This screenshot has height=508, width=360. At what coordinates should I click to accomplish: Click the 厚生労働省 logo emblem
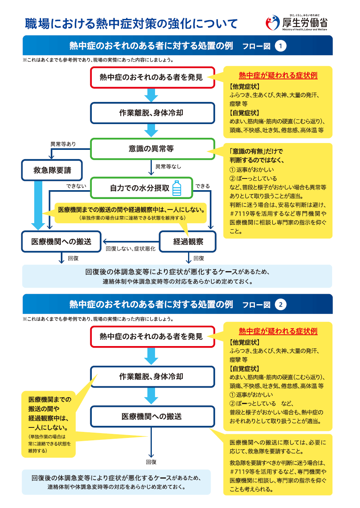[x=273, y=23]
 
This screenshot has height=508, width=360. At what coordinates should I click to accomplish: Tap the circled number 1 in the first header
[x=281, y=46]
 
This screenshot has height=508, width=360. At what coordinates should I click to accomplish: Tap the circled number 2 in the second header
[x=281, y=305]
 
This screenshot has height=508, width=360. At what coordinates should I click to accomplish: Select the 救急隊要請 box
[x=52, y=170]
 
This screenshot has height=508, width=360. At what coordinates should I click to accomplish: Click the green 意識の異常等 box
[x=152, y=149]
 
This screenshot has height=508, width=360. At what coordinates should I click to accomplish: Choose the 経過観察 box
[x=188, y=242]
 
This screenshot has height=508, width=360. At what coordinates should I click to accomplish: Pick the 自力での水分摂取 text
[x=139, y=188]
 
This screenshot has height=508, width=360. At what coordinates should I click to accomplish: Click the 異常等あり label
[x=63, y=144]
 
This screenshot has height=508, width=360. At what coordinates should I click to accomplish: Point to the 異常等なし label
[x=168, y=166]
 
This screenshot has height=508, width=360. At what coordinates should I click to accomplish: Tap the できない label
[x=76, y=186]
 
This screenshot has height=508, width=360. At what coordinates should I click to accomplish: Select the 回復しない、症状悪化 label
[x=130, y=249]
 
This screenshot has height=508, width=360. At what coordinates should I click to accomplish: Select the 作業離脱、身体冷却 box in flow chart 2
[x=152, y=377]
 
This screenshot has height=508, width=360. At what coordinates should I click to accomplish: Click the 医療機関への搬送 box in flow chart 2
[x=152, y=417]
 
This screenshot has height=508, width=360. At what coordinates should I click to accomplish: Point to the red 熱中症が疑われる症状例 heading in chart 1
[x=278, y=75]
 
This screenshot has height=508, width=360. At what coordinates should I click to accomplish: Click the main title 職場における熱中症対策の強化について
[x=131, y=24]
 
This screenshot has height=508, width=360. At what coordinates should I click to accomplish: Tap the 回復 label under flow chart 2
[x=151, y=462]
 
